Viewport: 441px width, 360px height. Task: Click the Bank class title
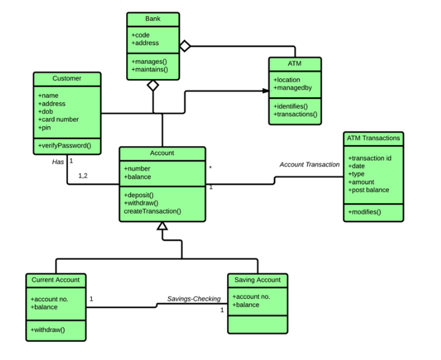pyautogui.click(x=153, y=19)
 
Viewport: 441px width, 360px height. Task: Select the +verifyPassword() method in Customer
pyautogui.click(x=64, y=145)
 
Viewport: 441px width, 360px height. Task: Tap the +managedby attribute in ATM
pyautogui.click(x=293, y=88)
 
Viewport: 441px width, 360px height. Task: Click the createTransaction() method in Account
pyautogui.click(x=153, y=211)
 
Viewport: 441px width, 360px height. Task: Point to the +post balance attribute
pyautogui.click(x=369, y=190)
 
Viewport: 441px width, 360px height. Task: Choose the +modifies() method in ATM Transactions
pyautogui.click(x=364, y=212)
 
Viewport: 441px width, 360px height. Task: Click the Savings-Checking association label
pyautogui.click(x=194, y=299)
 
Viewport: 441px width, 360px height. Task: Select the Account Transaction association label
pyautogui.click(x=309, y=165)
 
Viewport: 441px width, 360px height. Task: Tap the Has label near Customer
pyautogui.click(x=58, y=162)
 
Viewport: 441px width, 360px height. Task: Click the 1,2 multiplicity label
pyautogui.click(x=84, y=176)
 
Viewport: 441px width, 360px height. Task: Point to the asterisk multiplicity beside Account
pyautogui.click(x=211, y=167)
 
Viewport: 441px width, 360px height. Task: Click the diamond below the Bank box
pyautogui.click(x=153, y=86)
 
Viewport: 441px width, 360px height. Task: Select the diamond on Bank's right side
pyautogui.click(x=185, y=45)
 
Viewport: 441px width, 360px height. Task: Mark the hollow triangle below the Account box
pyautogui.click(x=162, y=226)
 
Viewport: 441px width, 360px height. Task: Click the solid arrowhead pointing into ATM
pyautogui.click(x=265, y=91)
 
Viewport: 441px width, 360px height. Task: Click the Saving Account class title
pyautogui.click(x=257, y=280)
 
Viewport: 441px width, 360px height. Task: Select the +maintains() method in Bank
pyautogui.click(x=149, y=70)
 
